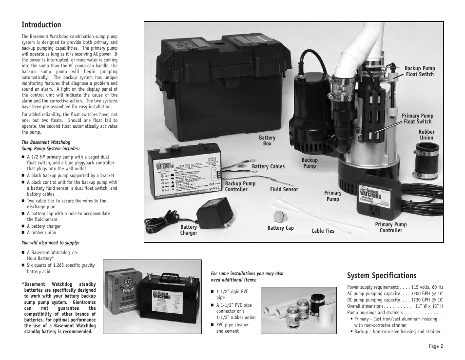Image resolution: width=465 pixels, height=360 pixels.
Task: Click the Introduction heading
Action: coord(41,25)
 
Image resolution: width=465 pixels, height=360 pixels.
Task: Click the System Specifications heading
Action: coord(382,276)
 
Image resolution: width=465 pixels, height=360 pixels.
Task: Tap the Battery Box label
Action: coord(267,141)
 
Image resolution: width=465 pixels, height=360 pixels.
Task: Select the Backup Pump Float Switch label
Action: coord(419,71)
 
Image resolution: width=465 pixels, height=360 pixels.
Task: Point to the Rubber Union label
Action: coord(426,135)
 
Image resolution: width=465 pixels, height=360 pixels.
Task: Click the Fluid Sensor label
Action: coord(284,189)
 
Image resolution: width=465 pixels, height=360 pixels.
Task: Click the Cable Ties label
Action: coord(323,231)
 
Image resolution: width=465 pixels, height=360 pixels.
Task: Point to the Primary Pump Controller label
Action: coord(390,227)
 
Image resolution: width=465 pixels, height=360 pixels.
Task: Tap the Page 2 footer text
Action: coord(436,347)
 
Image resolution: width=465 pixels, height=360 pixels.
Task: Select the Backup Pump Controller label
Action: coord(240,186)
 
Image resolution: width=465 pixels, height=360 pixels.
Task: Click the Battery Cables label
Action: coord(268,167)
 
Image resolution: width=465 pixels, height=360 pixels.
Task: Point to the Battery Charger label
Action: coord(189,230)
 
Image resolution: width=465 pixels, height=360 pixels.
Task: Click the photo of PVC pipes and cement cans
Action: coord(298,310)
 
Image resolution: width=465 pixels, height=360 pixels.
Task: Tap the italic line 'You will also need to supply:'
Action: coord(50,242)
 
